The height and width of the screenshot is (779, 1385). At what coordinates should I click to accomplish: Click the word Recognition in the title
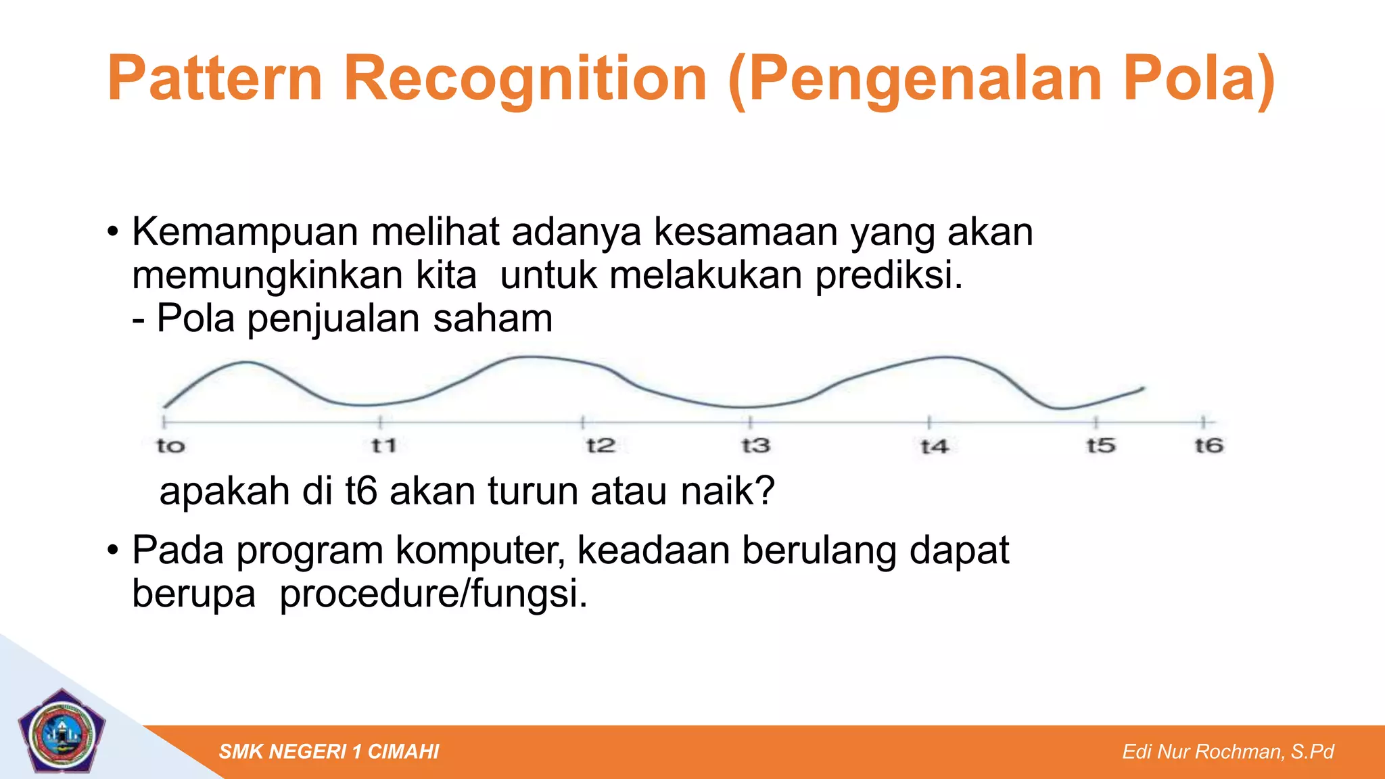point(525,80)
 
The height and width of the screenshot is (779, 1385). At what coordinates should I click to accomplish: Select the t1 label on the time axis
point(383,446)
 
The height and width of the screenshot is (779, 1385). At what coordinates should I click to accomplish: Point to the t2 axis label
point(601,446)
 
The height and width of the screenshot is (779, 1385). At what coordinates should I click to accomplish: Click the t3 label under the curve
point(755,446)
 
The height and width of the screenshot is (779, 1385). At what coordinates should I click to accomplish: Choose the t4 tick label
point(935,446)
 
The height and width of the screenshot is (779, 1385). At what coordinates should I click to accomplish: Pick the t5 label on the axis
point(1101,446)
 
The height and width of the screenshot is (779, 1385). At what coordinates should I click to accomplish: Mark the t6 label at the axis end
point(1209,446)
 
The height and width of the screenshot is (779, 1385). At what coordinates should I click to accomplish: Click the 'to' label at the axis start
point(170,446)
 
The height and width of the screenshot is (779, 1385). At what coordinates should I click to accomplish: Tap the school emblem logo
point(62,732)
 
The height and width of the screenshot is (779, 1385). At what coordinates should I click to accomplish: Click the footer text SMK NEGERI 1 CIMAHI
point(329,751)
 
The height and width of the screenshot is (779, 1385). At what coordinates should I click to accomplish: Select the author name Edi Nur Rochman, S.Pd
point(1227,751)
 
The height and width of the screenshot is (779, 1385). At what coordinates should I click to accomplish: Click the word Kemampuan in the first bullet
point(245,232)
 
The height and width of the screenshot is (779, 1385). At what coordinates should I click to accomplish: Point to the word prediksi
point(888,275)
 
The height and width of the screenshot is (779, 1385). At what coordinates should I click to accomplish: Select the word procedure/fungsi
point(433,594)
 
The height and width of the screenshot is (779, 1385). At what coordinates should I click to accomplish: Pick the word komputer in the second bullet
point(479,550)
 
